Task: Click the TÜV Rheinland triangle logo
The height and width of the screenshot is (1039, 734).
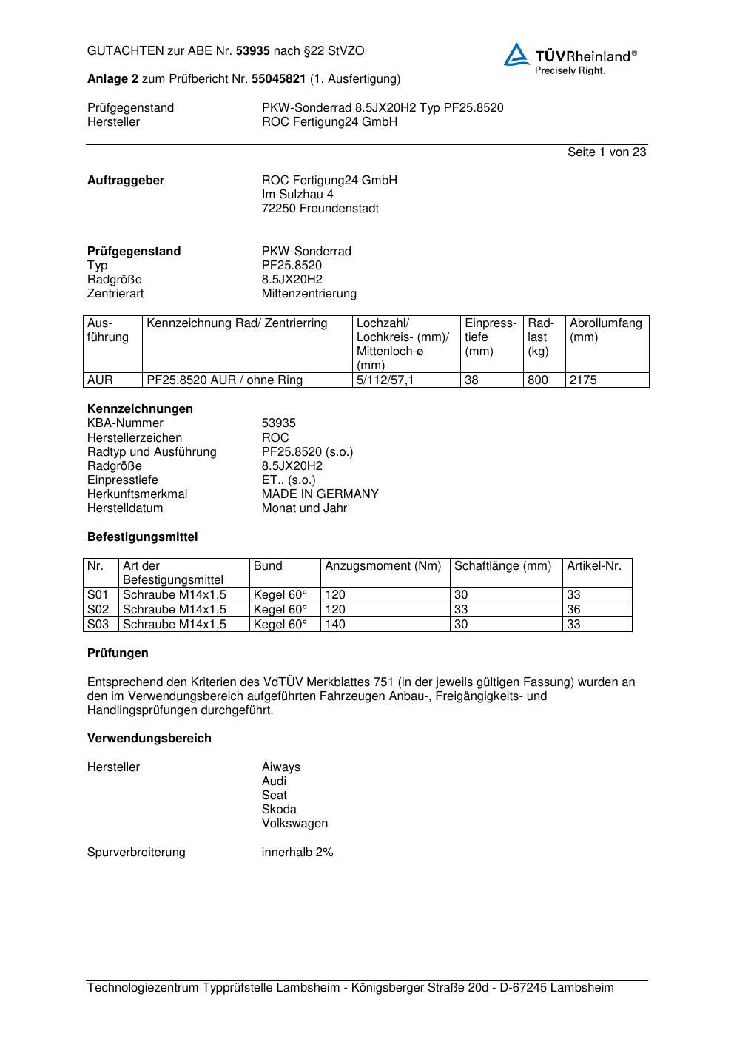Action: pos(516,55)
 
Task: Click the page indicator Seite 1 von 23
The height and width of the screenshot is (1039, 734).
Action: pos(606,152)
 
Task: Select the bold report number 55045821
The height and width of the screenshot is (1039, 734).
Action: pos(278,79)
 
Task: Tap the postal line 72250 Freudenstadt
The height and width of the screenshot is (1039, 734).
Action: pos(320,209)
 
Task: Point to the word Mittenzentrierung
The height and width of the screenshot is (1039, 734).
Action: pos(309,294)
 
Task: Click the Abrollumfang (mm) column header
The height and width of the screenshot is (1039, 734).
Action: pos(606,330)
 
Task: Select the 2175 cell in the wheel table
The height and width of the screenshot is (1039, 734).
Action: pos(583,380)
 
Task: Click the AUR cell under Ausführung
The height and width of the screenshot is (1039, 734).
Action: pos(100,380)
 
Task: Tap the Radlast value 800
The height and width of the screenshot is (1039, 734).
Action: pos(538,380)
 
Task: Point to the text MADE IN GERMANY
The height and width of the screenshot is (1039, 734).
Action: pos(320,494)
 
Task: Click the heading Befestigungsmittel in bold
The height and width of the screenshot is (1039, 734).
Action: pos(142,537)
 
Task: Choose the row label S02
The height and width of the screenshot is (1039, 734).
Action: pos(98,610)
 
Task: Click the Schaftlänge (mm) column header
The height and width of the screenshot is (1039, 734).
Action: pos(502,566)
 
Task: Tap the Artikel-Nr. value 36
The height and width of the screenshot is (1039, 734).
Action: pos(573,610)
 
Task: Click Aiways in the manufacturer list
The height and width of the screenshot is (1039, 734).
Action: pos(281,767)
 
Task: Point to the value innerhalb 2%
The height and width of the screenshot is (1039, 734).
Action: pos(297,853)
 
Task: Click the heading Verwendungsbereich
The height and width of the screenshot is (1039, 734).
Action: pos(149,739)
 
